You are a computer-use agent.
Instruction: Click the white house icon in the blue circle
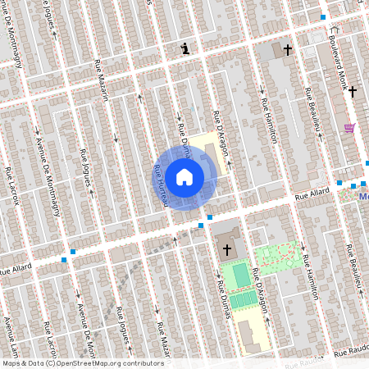point(184,176)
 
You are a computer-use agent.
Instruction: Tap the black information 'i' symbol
point(187,48)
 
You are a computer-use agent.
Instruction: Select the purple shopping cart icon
point(350,128)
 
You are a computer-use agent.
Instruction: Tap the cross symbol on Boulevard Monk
point(353,91)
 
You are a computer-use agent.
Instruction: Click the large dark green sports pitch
point(240,275)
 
